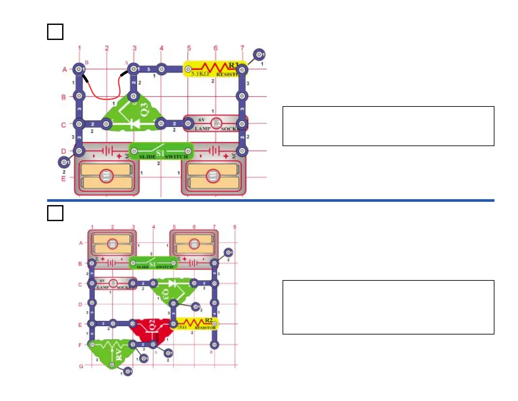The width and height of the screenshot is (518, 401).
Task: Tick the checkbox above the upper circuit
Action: click(x=55, y=32)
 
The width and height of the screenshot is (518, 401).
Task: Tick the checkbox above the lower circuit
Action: click(x=55, y=213)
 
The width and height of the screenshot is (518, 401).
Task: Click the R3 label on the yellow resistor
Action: click(x=233, y=65)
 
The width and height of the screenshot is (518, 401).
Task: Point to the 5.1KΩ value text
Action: click(x=200, y=74)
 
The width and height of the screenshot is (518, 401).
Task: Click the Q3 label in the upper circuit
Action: click(x=144, y=109)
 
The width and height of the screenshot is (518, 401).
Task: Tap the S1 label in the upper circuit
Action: click(x=160, y=153)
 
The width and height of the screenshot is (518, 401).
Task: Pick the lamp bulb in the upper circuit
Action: click(x=216, y=123)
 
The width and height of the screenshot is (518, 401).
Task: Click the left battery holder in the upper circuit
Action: click(x=107, y=176)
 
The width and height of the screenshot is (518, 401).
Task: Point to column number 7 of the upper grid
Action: click(x=242, y=48)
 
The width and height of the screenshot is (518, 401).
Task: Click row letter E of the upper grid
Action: click(x=63, y=179)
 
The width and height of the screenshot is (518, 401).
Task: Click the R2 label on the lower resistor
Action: click(x=209, y=320)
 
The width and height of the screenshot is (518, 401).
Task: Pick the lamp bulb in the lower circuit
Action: click(x=113, y=283)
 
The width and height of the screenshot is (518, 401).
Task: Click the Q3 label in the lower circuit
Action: click(x=165, y=294)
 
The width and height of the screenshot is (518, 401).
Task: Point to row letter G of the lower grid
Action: click(x=81, y=366)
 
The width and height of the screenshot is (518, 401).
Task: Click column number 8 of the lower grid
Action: click(x=234, y=227)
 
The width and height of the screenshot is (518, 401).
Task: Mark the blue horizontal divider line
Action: click(x=270, y=200)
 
